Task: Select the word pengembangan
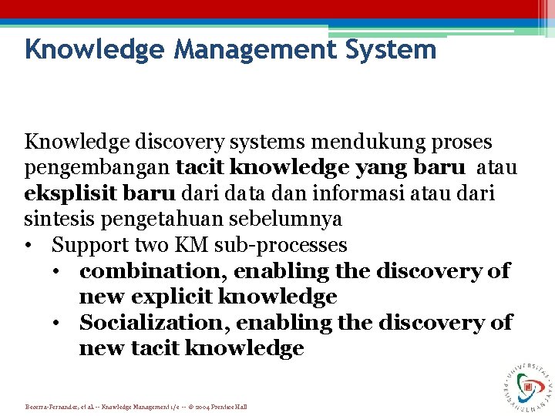tap(97, 168)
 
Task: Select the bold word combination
tap(153, 270)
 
